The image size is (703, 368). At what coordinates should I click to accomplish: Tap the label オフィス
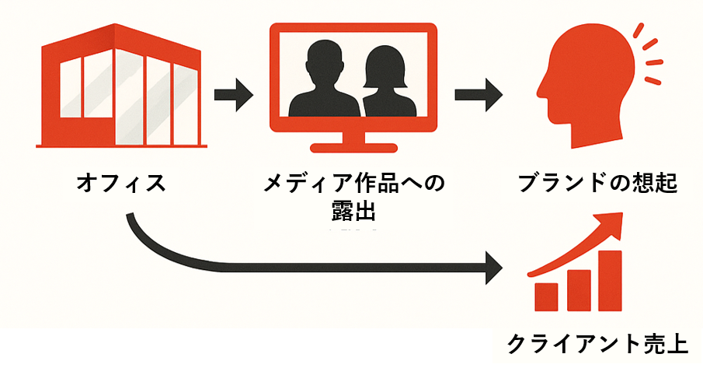click(x=120, y=184)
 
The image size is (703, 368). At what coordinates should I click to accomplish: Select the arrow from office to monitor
click(x=234, y=95)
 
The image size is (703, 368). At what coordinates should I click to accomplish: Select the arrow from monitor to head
click(x=475, y=95)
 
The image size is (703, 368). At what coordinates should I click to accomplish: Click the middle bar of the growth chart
click(x=579, y=289)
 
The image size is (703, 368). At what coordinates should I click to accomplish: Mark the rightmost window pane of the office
click(x=185, y=104)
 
